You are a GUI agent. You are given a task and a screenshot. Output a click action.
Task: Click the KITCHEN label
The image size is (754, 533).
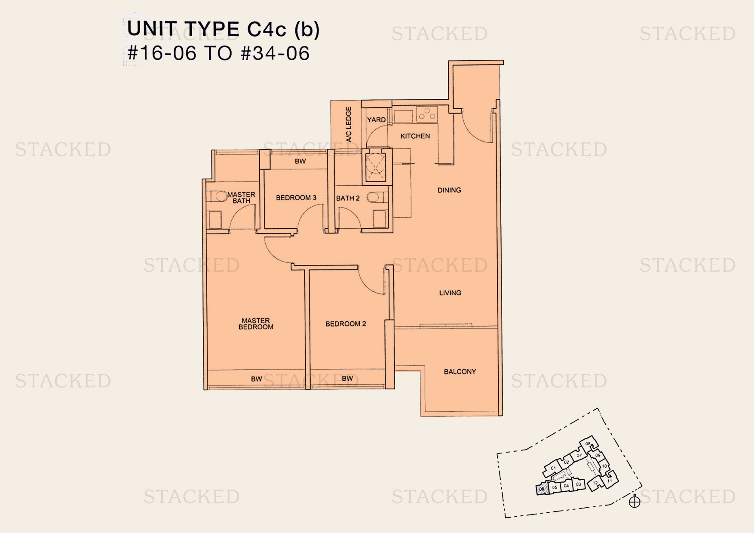click(415, 136)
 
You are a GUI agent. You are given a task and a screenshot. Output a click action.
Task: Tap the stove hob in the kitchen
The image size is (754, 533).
click(426, 114)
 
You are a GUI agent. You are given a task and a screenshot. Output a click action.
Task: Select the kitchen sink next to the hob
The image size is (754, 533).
click(404, 116)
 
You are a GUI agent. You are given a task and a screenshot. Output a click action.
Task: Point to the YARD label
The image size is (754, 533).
click(376, 119)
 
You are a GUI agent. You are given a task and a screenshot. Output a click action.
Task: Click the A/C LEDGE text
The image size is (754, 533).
click(349, 124)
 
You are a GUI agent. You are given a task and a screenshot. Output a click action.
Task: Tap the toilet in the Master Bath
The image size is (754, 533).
click(220, 196)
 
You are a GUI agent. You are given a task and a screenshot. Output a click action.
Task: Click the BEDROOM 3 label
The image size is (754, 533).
click(296, 198)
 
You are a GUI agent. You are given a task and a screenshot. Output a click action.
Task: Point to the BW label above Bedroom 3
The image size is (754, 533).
click(300, 161)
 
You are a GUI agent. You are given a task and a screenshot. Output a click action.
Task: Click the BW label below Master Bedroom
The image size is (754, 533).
click(256, 379)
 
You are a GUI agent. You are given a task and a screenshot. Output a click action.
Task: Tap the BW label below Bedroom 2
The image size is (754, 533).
click(347, 378)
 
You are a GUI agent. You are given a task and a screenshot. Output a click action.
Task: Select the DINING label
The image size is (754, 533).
click(449, 190)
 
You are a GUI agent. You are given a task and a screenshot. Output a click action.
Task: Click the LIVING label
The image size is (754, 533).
click(450, 293)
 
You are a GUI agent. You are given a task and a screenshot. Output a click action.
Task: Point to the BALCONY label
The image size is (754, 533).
click(460, 371)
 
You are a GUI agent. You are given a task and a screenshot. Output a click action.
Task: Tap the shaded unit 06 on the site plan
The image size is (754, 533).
click(542, 489)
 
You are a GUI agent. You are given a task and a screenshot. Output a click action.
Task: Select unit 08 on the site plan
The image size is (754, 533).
click(588, 444)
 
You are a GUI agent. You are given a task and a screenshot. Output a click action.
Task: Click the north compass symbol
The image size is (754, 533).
click(634, 502)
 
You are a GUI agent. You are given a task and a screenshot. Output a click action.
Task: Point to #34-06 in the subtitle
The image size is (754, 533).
click(275, 53)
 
